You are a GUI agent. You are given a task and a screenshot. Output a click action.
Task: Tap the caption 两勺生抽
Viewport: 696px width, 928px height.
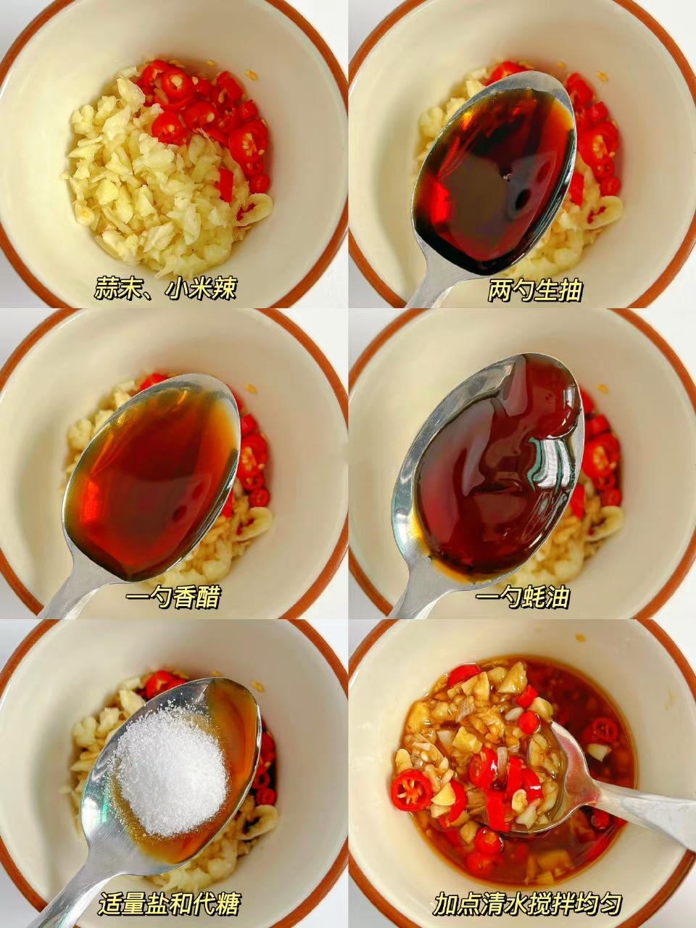535,290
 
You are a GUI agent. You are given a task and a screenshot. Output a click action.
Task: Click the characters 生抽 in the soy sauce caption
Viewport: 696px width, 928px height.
559,290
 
